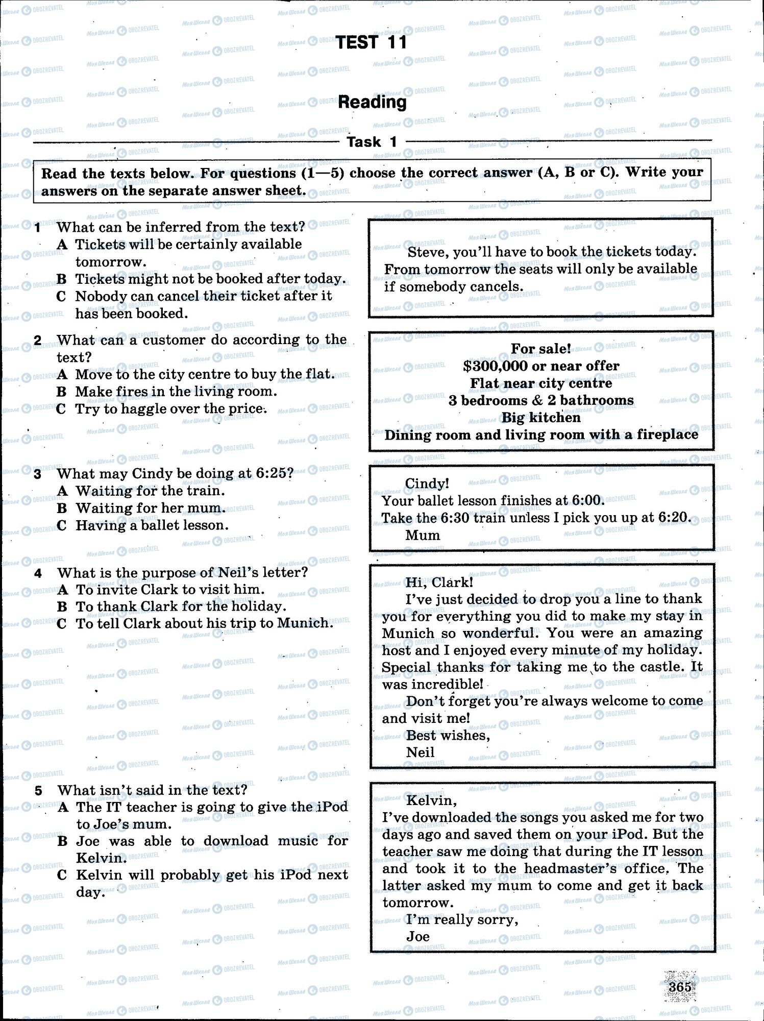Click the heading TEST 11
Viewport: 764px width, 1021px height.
coord(372,42)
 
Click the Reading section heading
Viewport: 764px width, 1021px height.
coord(372,102)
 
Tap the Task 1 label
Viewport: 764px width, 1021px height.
coord(372,142)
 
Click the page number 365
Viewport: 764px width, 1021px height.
coord(680,986)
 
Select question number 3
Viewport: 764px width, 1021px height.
coord(38,474)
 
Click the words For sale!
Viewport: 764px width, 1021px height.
coord(541,349)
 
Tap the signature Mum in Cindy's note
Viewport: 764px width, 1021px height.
coord(423,535)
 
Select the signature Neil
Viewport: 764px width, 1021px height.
coord(420,752)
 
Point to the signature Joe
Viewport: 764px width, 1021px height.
coord(418,936)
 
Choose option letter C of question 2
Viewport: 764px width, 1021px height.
coord(61,409)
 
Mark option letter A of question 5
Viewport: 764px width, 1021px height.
coord(62,807)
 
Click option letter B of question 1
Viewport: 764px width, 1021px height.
coord(61,279)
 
